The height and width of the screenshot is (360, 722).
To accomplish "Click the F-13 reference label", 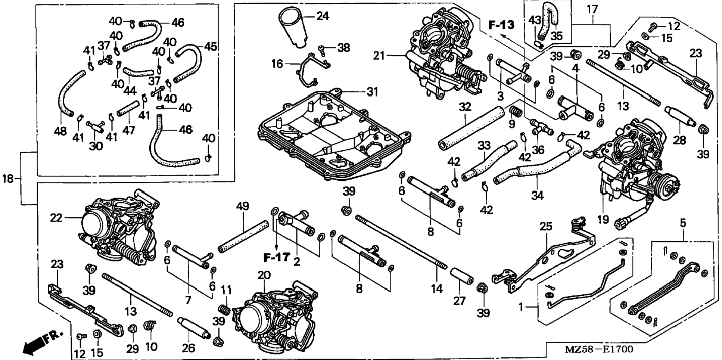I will pos(501,25).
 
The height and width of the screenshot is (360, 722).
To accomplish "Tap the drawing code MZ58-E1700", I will pos(599,349).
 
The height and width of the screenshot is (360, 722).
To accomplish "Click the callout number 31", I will pos(372,91).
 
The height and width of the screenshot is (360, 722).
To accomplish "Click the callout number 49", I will pos(242,207).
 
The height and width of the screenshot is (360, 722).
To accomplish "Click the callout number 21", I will pos(379,56).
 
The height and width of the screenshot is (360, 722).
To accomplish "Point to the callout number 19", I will pos(603,219).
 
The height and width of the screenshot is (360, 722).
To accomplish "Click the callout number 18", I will pos(7,179).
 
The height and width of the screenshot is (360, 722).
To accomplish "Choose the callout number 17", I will pos(592,9).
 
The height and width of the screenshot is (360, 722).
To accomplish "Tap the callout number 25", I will pos(546,227).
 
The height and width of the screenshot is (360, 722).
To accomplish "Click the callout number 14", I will pos(437,289).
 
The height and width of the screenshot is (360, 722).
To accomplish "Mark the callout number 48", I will pos(60,131).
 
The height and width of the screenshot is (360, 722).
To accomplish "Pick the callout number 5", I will pos(682,223).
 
